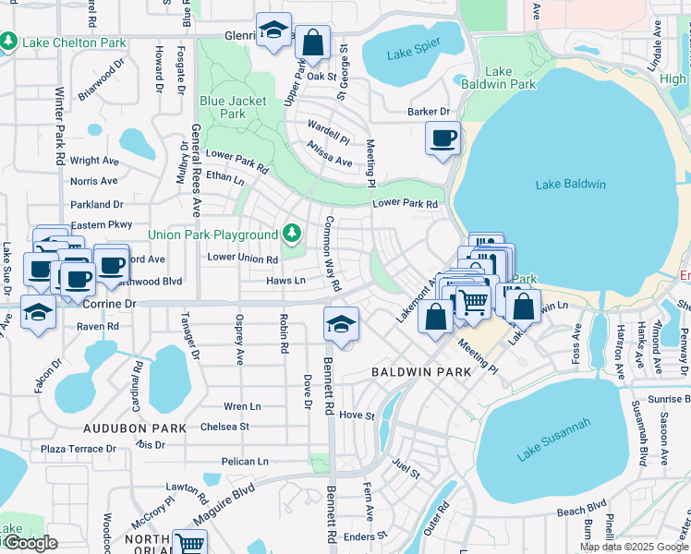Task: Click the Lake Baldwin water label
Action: point(570,184)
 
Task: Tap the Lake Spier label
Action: point(412,54)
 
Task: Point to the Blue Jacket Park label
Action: point(234,107)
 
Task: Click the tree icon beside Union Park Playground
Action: point(292,232)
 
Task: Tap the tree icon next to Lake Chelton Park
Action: point(8,42)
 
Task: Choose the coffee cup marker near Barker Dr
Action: point(442,138)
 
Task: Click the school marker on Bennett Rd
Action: point(341,324)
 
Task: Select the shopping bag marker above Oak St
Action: point(313,42)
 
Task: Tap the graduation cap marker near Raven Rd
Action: point(38,311)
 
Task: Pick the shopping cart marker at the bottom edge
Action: point(188,544)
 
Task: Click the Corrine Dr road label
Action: point(109,303)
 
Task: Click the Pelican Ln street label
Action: point(244,461)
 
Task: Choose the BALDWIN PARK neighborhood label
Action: point(421,371)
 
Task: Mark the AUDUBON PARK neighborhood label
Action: point(135,428)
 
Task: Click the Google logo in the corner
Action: point(30,543)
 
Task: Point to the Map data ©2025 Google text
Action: point(633,547)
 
